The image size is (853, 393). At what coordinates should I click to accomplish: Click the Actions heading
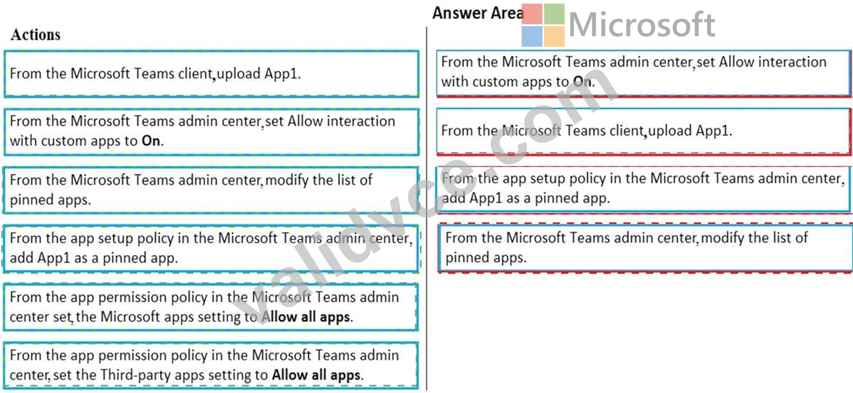(x=36, y=35)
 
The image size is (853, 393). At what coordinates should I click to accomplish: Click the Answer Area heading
(x=478, y=13)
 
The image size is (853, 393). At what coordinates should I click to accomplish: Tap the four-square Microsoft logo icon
(x=543, y=25)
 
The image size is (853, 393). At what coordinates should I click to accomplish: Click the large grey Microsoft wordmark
(x=642, y=25)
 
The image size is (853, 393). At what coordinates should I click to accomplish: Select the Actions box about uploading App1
(x=211, y=74)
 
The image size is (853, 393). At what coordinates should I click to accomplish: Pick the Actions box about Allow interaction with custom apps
(x=211, y=132)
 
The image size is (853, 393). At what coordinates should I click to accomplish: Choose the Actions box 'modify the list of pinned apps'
(x=211, y=190)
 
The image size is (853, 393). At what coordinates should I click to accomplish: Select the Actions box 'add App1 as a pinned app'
(x=211, y=249)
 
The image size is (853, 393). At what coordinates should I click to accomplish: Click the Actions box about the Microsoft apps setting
(x=211, y=307)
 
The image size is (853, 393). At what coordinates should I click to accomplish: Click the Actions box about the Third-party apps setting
(x=211, y=365)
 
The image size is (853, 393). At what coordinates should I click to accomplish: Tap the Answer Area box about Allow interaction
(x=643, y=73)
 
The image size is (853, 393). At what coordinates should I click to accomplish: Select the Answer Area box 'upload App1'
(x=643, y=132)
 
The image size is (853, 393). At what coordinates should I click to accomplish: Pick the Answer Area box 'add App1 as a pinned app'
(x=643, y=189)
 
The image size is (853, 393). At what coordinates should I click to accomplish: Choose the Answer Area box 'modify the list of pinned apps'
(x=645, y=248)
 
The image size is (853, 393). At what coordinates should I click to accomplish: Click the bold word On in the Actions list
(x=151, y=141)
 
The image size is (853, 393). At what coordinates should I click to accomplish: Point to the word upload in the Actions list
(x=238, y=74)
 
